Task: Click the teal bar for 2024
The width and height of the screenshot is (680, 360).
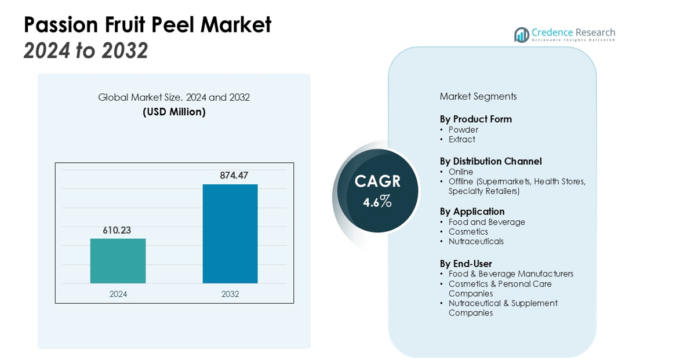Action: tap(118, 261)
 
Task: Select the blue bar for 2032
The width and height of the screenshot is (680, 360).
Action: tap(230, 234)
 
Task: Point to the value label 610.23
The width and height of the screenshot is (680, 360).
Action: tap(117, 230)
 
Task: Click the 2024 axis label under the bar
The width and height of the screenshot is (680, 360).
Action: tap(118, 294)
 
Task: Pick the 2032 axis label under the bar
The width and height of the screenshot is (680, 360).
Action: tap(230, 294)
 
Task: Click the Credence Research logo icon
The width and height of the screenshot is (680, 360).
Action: tap(521, 35)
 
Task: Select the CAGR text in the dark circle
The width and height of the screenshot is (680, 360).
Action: tap(377, 181)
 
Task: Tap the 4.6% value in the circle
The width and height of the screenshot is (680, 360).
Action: tap(377, 202)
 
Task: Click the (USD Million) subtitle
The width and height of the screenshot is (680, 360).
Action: tap(174, 112)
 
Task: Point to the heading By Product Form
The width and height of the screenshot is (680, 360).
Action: tap(475, 119)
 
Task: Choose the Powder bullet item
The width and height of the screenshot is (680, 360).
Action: tap(463, 130)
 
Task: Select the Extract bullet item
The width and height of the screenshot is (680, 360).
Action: tap(461, 139)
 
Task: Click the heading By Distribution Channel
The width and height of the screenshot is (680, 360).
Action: tap(490, 161)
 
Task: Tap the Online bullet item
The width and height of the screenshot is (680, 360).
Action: tap(461, 172)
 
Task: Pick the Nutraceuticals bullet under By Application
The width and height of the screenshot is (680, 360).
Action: tap(476, 241)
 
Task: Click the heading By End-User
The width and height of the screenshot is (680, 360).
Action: tap(466, 264)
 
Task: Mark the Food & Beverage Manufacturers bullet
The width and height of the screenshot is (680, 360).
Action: tap(511, 274)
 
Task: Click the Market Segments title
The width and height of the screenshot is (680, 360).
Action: tap(478, 96)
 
